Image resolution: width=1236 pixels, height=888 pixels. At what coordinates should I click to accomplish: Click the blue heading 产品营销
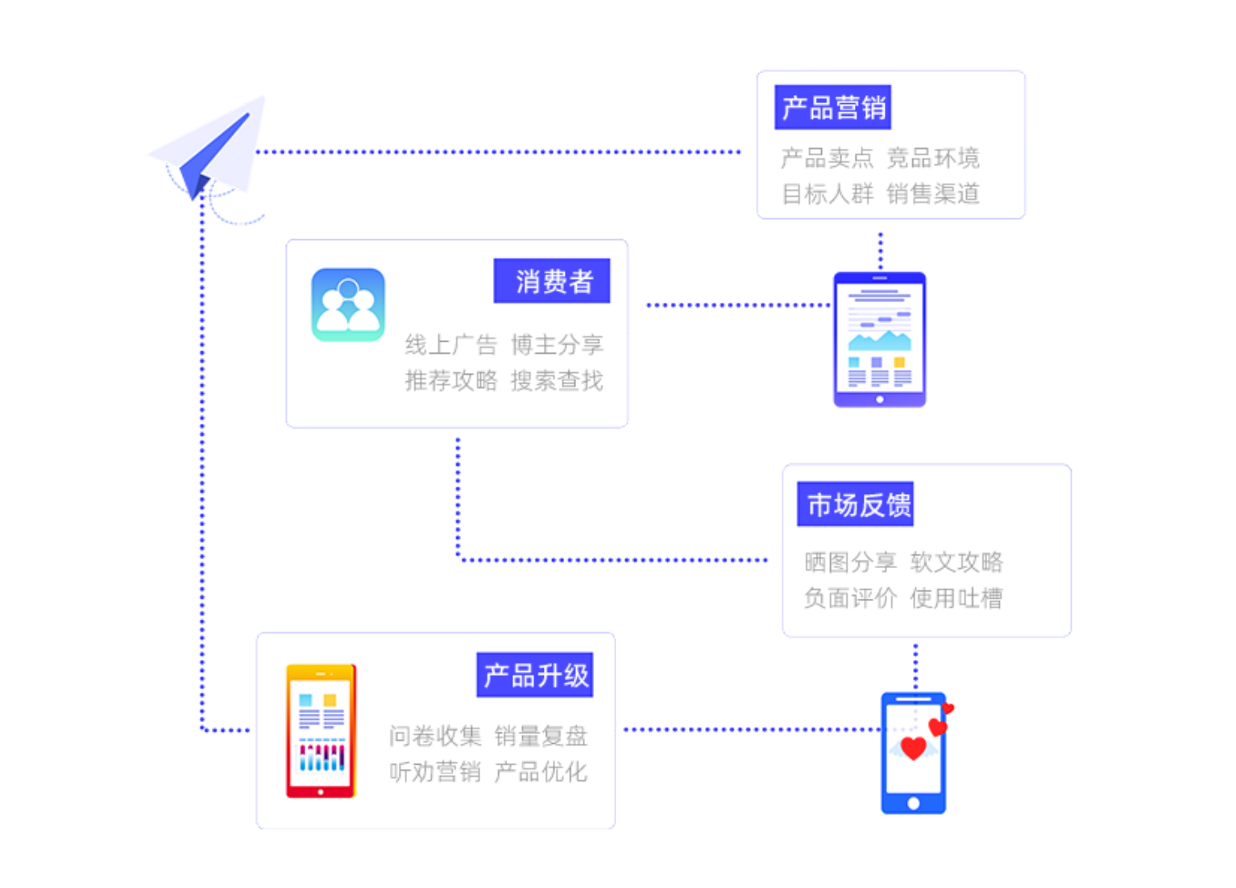[x=832, y=107]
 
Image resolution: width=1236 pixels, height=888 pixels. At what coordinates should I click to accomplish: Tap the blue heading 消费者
[x=552, y=281]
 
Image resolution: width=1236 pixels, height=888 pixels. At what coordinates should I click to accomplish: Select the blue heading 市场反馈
[x=855, y=504]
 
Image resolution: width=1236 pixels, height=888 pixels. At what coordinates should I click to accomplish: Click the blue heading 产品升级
[x=535, y=675]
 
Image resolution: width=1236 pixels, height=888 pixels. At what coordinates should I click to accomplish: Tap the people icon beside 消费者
[x=348, y=305]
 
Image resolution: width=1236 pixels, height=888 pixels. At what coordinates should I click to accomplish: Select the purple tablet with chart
[x=879, y=339]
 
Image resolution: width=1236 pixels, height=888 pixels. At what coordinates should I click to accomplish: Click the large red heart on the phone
[x=913, y=749]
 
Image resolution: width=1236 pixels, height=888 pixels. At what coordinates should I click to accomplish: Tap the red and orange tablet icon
[x=321, y=731]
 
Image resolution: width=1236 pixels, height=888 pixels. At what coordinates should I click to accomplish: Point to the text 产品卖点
[x=827, y=158]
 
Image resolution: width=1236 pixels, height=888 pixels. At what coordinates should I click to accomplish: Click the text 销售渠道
[x=933, y=194]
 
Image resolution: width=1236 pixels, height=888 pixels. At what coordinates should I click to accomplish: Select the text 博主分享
[x=557, y=345]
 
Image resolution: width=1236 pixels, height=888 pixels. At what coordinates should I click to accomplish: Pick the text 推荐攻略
[x=451, y=380]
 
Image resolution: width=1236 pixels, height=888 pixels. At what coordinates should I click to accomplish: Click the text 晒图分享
[x=850, y=562]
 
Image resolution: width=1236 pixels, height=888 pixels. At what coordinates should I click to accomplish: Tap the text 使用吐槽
[x=956, y=598]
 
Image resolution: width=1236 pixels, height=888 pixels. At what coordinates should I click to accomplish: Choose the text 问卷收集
[x=435, y=736]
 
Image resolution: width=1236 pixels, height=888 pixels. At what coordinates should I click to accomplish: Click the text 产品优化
[x=541, y=772]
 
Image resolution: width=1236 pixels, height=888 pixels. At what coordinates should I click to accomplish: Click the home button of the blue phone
[x=913, y=803]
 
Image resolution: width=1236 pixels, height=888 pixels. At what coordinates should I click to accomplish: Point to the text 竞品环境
[x=933, y=158]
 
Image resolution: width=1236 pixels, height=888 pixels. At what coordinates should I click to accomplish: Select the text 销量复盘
[x=541, y=736]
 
